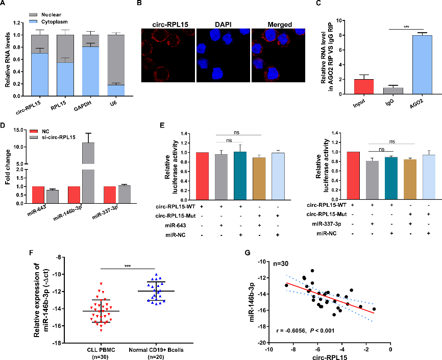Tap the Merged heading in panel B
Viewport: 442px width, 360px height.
(279, 25)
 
